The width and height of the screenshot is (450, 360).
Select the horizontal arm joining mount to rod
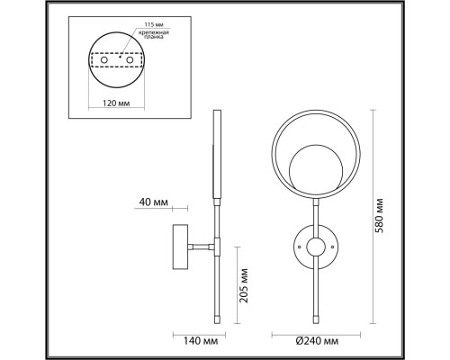click(x=198, y=244)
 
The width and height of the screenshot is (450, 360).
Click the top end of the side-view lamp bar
click(x=215, y=113)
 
